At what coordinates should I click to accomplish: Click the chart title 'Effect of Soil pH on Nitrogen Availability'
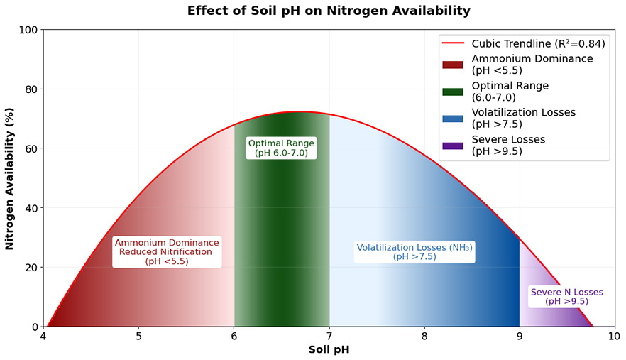[x=328, y=11]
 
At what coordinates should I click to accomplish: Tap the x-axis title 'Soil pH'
[x=328, y=349]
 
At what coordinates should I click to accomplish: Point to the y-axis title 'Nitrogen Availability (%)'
[x=10, y=179]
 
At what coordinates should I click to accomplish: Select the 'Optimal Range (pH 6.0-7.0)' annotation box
[x=281, y=148]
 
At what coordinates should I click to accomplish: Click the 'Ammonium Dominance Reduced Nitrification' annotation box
[x=167, y=252]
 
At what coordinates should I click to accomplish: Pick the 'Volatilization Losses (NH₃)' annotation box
[x=414, y=252]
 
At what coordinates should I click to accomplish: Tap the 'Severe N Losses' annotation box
[x=566, y=297]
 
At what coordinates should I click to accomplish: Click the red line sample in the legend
[x=452, y=44]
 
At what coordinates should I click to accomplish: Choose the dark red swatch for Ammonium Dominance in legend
[x=452, y=65]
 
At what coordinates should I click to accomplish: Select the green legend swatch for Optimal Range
[x=452, y=92]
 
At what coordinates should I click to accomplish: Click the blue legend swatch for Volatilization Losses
[x=452, y=119]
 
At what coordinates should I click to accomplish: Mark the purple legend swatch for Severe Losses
[x=452, y=146]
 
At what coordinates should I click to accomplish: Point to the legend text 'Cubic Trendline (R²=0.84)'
[x=538, y=44]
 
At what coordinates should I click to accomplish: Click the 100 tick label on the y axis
[x=26, y=30]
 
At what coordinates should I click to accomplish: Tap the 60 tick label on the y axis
[x=29, y=148]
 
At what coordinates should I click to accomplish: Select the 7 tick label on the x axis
[x=329, y=336]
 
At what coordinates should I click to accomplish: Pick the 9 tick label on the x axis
[x=520, y=336]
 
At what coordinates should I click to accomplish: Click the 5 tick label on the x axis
[x=138, y=336]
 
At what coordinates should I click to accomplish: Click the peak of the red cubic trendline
[x=300, y=111]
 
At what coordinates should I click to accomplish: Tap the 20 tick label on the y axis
[x=29, y=268]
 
